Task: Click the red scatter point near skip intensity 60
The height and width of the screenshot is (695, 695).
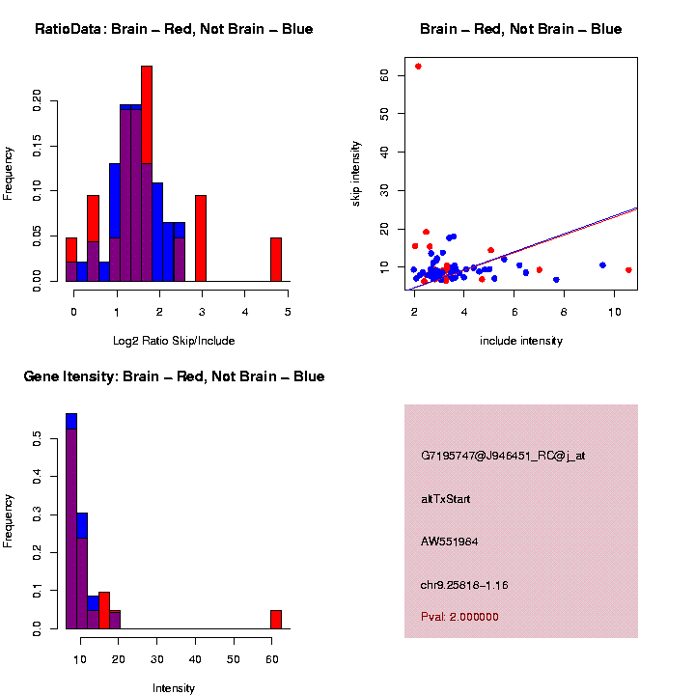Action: click(x=418, y=67)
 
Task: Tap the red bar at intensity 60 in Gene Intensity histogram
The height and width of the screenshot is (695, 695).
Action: click(x=276, y=619)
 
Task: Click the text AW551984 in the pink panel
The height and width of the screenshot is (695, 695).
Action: click(x=449, y=542)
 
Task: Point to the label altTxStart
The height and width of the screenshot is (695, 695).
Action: click(x=446, y=499)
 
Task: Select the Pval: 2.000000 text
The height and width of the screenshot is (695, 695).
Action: click(x=460, y=617)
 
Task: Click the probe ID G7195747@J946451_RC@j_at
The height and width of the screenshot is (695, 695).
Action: click(x=503, y=456)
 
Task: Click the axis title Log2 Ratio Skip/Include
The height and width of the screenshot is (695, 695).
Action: click(x=174, y=341)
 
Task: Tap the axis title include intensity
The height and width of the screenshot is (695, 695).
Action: click(x=520, y=341)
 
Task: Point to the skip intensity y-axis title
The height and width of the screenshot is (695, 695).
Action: click(x=356, y=173)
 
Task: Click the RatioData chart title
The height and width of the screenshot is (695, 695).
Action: click(x=174, y=30)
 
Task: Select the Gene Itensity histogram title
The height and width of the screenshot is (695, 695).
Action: click(x=174, y=376)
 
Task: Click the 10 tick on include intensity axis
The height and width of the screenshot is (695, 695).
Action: click(x=614, y=312)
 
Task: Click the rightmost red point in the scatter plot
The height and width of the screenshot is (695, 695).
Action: click(x=628, y=270)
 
